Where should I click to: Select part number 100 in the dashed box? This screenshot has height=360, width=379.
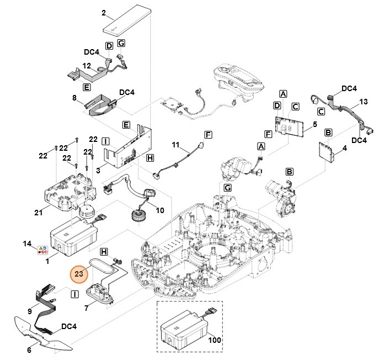point(214,341)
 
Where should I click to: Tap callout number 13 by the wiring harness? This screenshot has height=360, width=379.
point(362,102)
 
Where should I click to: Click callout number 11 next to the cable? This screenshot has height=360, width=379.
point(175,146)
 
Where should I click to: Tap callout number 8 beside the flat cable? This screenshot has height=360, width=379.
point(74,98)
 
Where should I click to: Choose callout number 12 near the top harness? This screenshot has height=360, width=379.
point(87,66)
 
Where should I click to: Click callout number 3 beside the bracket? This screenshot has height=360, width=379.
point(98,170)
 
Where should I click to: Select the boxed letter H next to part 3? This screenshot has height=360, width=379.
point(150,158)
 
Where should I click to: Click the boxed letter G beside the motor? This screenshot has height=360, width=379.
point(227,188)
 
